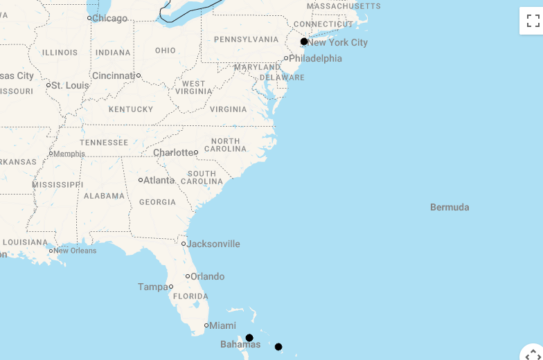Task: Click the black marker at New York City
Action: tap(304, 42)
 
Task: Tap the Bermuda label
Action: tap(449, 207)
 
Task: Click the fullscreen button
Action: tap(533, 21)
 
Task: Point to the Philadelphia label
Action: tap(315, 58)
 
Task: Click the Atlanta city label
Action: tap(159, 180)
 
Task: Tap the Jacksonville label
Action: tap(213, 244)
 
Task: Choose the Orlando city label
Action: tap(207, 276)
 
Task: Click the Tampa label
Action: tap(152, 287)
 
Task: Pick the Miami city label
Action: tap(222, 325)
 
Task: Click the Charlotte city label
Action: tap(174, 152)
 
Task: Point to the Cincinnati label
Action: tap(114, 75)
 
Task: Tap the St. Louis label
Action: tap(70, 85)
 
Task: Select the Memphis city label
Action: tap(69, 154)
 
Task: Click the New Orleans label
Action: tap(75, 251)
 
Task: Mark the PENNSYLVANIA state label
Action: tap(246, 39)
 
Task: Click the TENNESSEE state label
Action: tap(104, 143)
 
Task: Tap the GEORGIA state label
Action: tap(157, 202)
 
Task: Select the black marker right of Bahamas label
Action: tap(278, 347)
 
